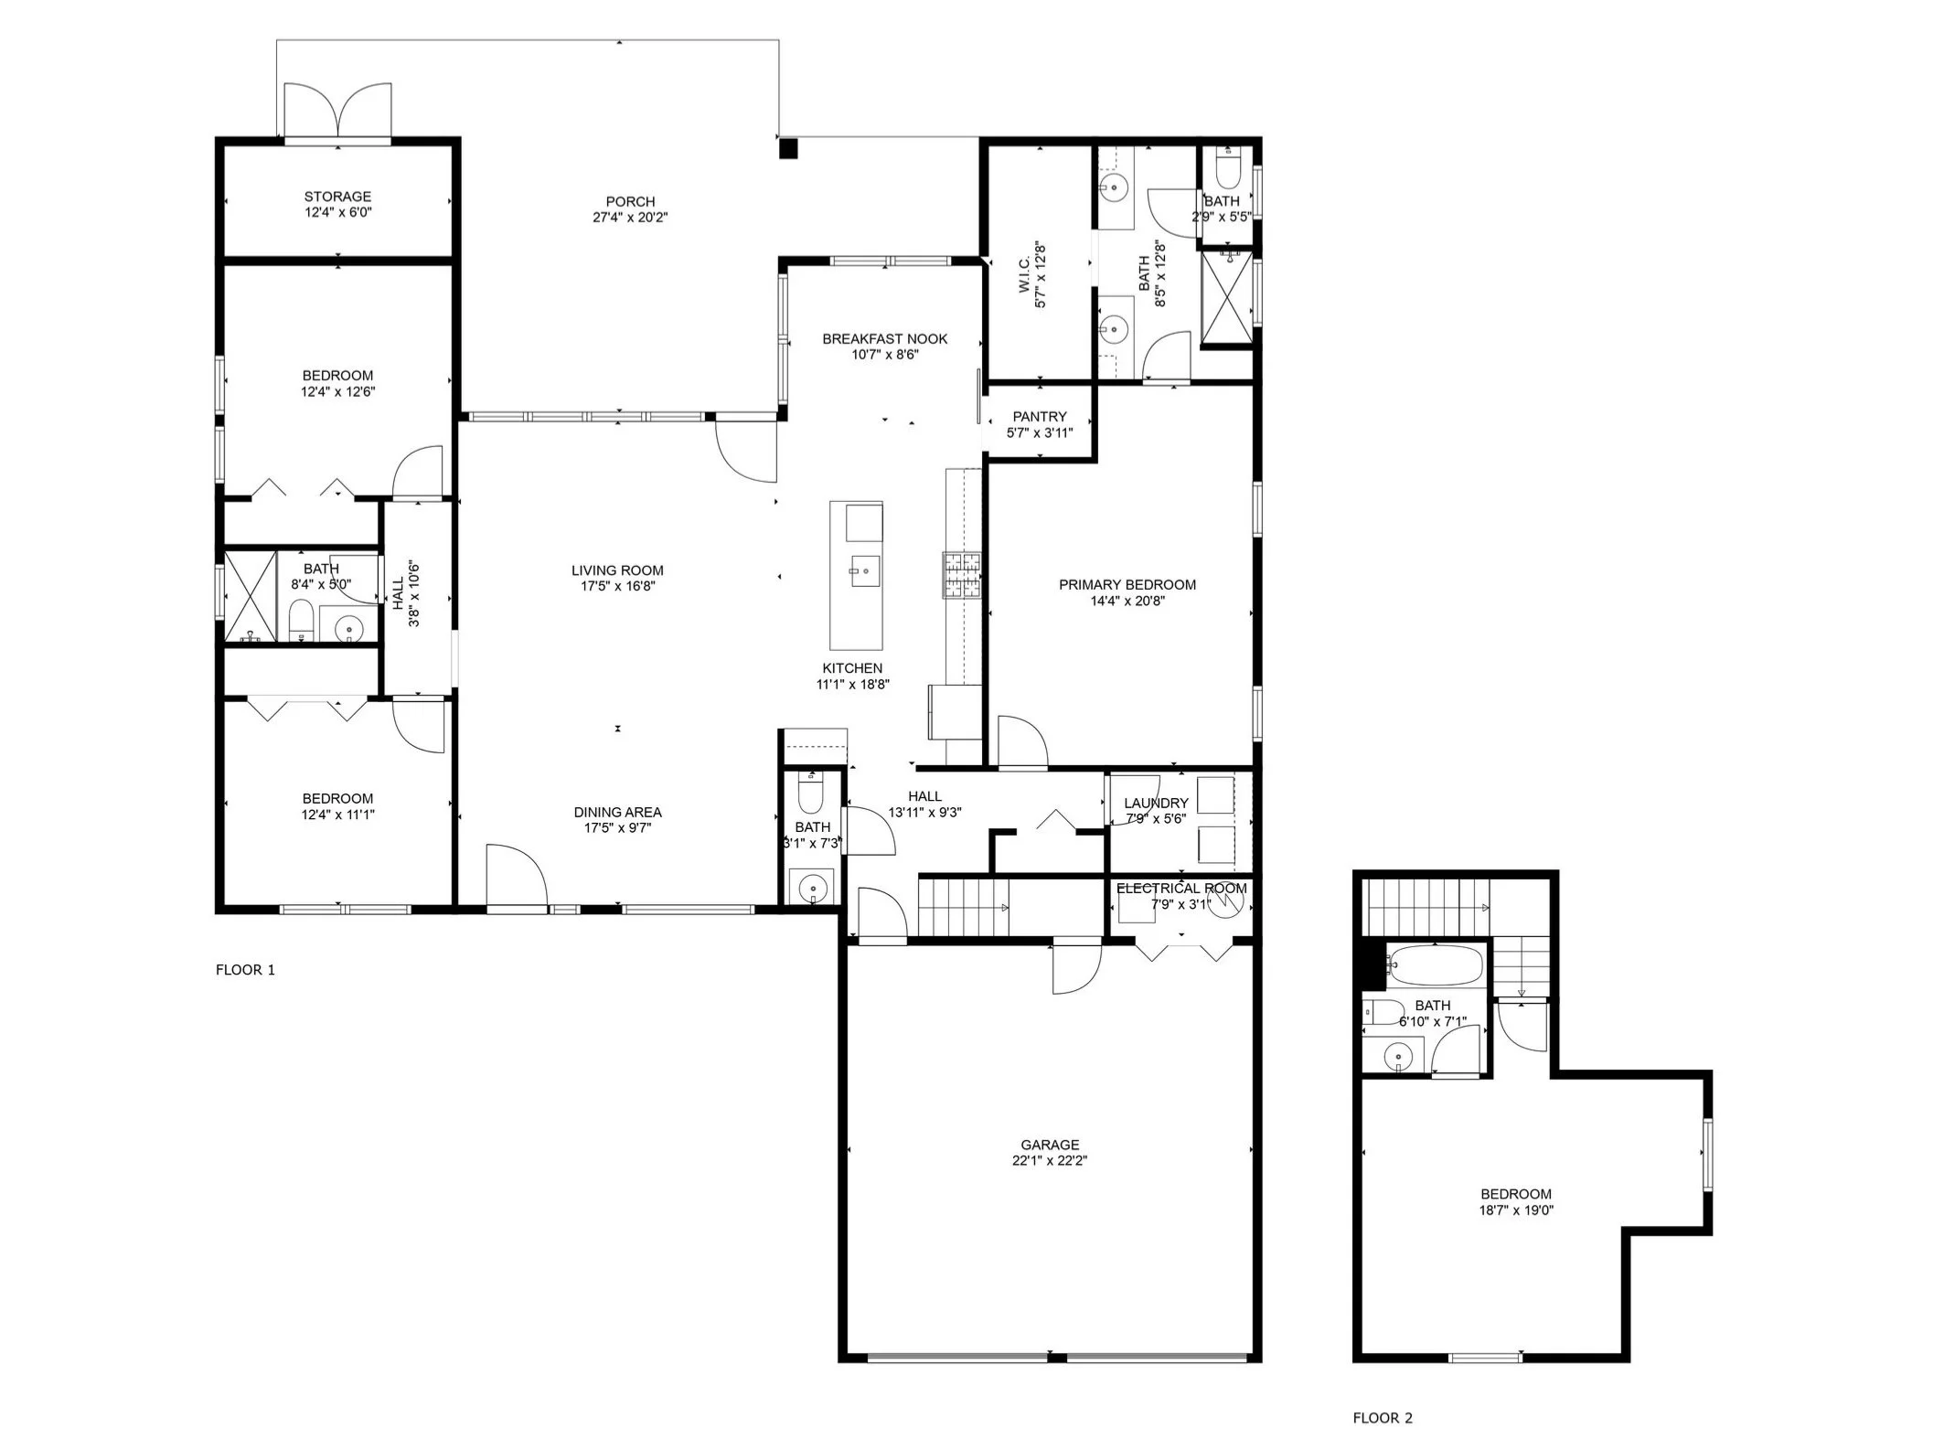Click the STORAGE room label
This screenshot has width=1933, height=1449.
(337, 197)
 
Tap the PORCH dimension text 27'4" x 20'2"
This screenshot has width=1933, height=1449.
(630, 218)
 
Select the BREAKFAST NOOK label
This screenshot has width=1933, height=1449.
(884, 338)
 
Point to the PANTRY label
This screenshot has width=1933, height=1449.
(1040, 417)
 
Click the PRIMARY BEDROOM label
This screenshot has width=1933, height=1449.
(1127, 585)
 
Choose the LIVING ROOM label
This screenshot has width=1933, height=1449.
(617, 570)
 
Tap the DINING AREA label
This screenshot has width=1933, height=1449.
(617, 812)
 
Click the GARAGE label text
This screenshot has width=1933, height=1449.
(1050, 1145)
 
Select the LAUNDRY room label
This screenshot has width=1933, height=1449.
(1156, 803)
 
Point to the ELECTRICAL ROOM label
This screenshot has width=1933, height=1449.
(1181, 889)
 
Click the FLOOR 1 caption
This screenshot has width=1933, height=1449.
(245, 970)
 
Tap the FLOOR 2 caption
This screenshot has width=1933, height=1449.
(1383, 1418)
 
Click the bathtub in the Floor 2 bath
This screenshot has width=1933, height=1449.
(1432, 964)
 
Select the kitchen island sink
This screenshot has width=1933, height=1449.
(864, 571)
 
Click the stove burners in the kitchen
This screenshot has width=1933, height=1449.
(962, 575)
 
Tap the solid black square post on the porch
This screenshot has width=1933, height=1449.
(788, 148)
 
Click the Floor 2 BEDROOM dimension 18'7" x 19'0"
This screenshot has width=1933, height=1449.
(1516, 1210)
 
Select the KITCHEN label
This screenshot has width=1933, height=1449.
(852, 668)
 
